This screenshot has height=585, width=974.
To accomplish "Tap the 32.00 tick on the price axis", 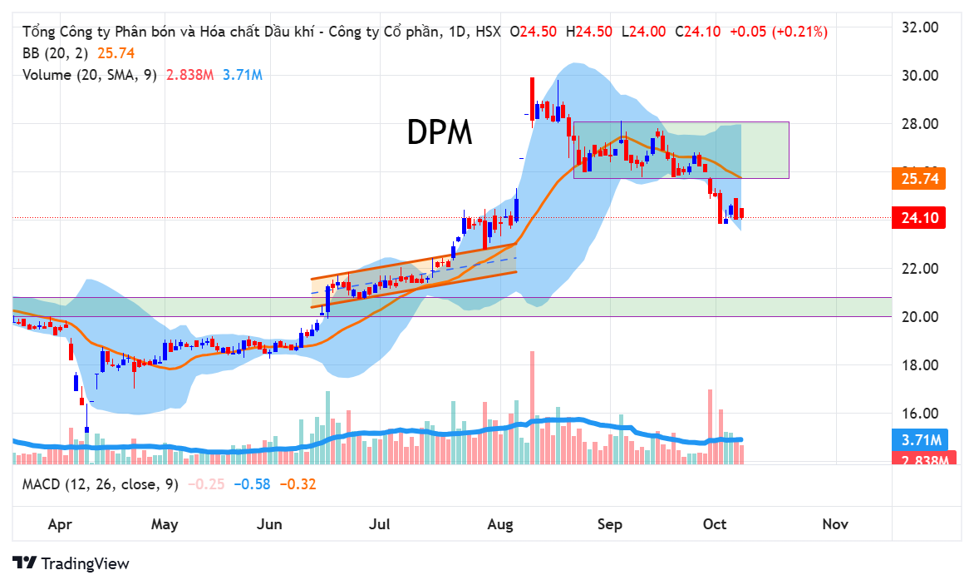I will (920, 27).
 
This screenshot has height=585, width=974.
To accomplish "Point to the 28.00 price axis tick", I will (920, 124).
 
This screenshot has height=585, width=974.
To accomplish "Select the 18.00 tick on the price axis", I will (920, 365).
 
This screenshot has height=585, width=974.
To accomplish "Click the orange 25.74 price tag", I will (919, 178).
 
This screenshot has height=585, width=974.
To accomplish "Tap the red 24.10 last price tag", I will (919, 218).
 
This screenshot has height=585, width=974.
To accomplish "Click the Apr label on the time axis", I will (58, 524).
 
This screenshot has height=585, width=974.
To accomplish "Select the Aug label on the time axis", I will (499, 524).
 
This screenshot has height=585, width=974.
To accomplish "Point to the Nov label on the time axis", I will (834, 524).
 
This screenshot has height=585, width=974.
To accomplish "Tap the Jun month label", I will (270, 524).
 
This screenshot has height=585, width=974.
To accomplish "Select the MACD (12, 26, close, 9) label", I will (101, 484).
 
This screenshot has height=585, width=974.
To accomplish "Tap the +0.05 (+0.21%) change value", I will (778, 32).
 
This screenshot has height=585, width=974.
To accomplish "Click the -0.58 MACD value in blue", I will (252, 484).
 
